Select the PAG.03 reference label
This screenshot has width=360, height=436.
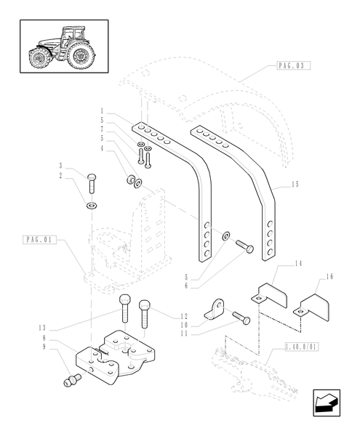(x=293, y=65)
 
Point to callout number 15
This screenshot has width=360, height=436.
(x=295, y=185)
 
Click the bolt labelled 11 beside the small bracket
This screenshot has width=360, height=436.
(x=241, y=318)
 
